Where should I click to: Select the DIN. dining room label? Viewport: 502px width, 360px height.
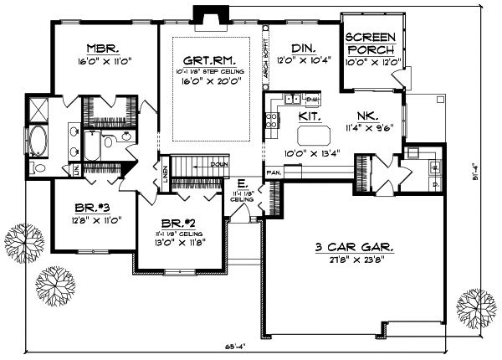[x=302, y=48]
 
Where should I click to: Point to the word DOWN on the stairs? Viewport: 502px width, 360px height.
[x=219, y=164]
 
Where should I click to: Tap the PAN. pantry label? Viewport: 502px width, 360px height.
[x=274, y=172]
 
